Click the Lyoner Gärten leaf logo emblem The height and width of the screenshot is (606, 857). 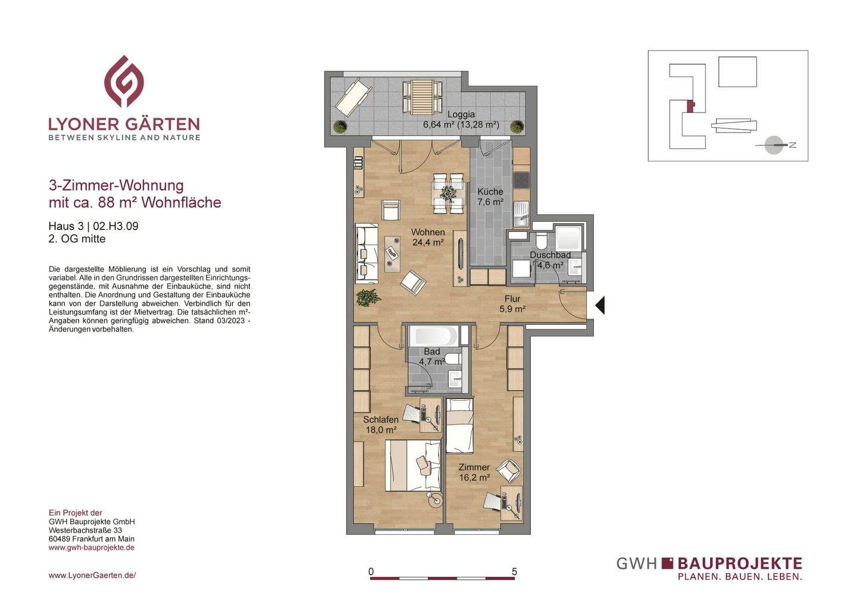tap(124, 81)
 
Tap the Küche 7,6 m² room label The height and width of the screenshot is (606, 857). tap(490, 197)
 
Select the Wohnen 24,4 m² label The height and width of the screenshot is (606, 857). tap(428, 237)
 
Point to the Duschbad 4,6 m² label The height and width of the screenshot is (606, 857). tap(550, 260)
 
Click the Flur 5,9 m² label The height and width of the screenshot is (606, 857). tap(512, 304)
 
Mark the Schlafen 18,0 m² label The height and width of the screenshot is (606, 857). tap(381, 425)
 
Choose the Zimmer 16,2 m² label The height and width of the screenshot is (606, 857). tap(474, 472)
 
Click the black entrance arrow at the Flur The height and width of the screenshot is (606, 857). tap(600, 305)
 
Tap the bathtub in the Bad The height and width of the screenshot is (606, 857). tap(434, 336)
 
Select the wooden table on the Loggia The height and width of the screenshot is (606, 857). tap(423, 97)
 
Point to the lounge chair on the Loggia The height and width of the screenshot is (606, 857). tap(354, 98)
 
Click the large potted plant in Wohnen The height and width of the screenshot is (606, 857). tap(367, 297)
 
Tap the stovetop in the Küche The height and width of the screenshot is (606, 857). tap(521, 180)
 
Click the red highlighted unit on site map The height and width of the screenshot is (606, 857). tap(690, 106)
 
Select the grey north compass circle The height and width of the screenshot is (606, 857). tap(774, 145)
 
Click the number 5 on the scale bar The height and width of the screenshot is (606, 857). tap(514, 572)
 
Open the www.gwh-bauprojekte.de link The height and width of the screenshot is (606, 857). tap(92, 548)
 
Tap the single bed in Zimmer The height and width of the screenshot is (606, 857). tap(459, 426)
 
